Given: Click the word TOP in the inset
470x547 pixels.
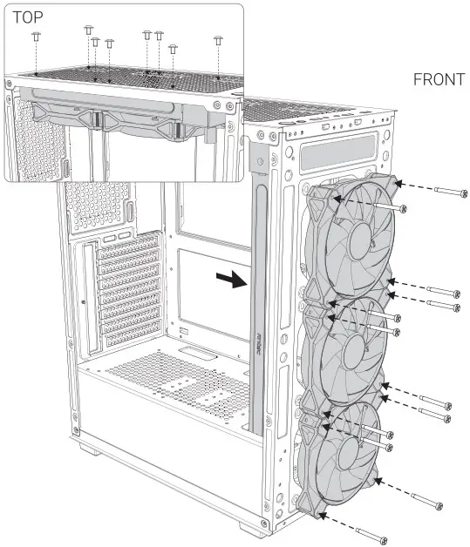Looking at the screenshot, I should click(29, 17).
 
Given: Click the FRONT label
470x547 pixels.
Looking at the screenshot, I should click(439, 80).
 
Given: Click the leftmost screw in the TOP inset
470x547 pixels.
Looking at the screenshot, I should click(36, 36).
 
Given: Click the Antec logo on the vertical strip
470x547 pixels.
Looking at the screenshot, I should click(260, 348).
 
